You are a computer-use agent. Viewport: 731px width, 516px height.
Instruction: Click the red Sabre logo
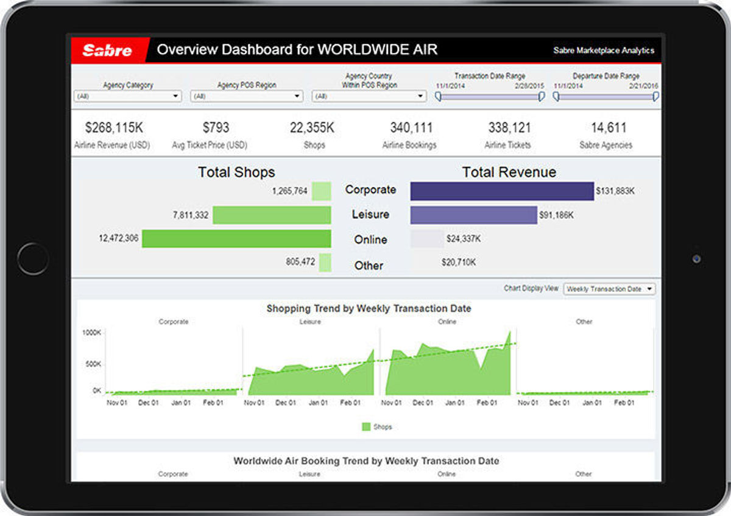(108, 50)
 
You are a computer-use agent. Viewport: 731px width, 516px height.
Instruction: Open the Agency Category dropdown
(128, 96)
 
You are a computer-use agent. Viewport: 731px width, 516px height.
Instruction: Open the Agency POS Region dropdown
(247, 96)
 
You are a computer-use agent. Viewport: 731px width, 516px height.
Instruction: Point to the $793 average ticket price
(216, 128)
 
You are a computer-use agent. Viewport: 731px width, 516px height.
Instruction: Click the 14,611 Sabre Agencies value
(609, 128)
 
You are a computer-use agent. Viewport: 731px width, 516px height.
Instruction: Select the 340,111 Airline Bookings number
(411, 128)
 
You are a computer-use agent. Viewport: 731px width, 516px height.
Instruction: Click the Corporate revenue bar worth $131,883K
(501, 191)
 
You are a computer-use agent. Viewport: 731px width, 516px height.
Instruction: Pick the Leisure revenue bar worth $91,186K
(473, 215)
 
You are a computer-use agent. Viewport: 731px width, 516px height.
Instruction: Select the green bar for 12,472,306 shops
(236, 238)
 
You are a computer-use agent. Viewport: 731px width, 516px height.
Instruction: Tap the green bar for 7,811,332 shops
(272, 215)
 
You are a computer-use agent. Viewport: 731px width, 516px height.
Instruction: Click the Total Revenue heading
(509, 172)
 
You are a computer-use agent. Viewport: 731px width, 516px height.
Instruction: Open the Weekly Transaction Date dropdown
(609, 289)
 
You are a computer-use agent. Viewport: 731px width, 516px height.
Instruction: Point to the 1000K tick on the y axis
(92, 333)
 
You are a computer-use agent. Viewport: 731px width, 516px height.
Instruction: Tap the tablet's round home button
(33, 258)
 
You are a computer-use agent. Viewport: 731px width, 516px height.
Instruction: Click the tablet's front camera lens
(696, 259)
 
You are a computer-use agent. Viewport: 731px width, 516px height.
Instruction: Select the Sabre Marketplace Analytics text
(604, 51)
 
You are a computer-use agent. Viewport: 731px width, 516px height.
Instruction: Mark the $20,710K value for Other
(459, 263)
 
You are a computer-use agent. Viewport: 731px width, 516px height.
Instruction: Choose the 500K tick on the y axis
(93, 364)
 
